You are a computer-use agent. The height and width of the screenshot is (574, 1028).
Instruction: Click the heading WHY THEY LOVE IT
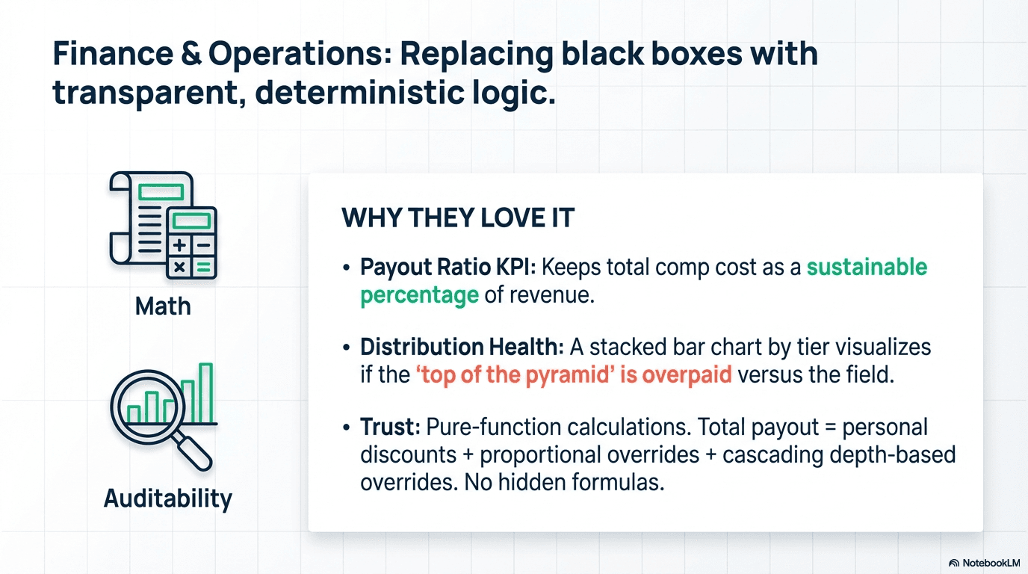tap(457, 218)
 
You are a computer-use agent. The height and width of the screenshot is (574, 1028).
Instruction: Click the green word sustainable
tap(867, 268)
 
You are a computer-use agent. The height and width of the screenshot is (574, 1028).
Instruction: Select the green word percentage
tap(419, 295)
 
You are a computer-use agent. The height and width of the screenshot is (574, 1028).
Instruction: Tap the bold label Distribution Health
tap(462, 348)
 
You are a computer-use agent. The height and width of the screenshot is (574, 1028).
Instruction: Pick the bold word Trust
tap(391, 428)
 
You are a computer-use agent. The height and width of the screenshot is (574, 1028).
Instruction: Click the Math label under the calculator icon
tap(163, 306)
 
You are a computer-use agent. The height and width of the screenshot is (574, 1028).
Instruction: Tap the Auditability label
tap(168, 499)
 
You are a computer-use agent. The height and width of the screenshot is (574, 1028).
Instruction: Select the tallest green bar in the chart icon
tap(206, 393)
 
